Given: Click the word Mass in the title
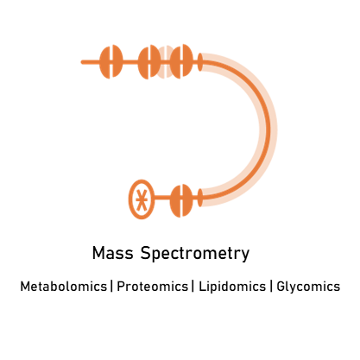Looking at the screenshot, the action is tap(113, 253).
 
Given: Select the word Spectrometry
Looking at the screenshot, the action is tap(195, 254).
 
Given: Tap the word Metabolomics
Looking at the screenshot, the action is tap(63, 287).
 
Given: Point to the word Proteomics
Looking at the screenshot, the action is tap(152, 287).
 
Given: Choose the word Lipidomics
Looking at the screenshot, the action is tap(232, 287).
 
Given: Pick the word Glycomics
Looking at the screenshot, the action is tap(308, 287).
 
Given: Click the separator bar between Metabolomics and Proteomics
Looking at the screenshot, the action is tap(112, 287).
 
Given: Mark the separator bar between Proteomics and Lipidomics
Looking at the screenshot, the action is tap(193, 287).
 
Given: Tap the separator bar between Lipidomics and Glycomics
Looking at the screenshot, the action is tap(271, 287).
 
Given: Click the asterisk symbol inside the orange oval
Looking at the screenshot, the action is tap(142, 199).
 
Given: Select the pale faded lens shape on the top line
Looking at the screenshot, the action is tap(165, 62).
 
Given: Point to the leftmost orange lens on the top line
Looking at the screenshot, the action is tap(111, 62).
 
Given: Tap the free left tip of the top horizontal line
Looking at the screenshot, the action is tap(82, 62).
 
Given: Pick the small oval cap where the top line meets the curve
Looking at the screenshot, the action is tap(200, 62).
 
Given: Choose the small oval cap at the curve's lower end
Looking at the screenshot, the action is tap(200, 198).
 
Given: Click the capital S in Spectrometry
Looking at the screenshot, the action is tap(146, 253).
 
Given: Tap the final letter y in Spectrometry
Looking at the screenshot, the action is tap(245, 256).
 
